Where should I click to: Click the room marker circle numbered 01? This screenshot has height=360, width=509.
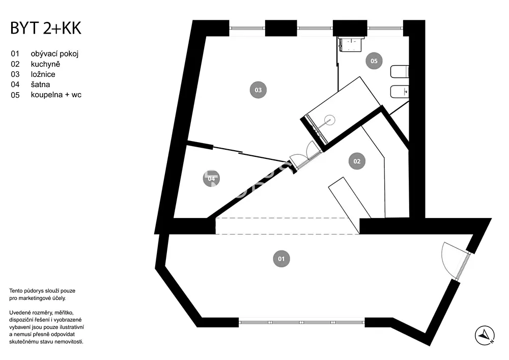pos(281,259)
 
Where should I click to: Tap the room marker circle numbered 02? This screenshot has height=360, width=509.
pos(357,161)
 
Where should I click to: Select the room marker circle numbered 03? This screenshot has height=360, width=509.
pos(258,90)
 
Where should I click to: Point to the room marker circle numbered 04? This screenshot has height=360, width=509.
pos(211,179)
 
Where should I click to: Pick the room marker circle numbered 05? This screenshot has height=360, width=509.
pos(374,61)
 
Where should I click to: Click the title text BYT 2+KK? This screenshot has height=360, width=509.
pos(46,28)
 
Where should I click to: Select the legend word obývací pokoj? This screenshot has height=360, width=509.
pos(54,53)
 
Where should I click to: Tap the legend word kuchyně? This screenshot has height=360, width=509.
pos(45,64)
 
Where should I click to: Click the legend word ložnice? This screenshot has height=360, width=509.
pos(43,74)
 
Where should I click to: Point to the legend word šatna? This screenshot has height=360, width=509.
pos(40,85)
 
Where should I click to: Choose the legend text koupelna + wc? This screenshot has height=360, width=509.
pos(56,95)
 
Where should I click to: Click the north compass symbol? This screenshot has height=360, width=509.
pos(485,336)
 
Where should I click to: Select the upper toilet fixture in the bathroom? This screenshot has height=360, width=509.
pos(399,72)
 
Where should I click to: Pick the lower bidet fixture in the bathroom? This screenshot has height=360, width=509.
pos(399,92)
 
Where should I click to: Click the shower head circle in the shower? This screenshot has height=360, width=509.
pos(329,120)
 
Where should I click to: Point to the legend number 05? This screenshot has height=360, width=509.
pos(15,95)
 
